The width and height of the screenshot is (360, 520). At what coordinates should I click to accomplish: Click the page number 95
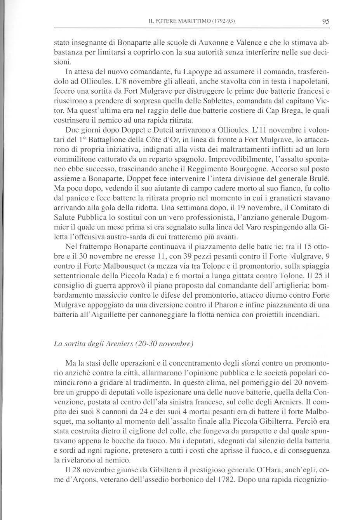[325, 22]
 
